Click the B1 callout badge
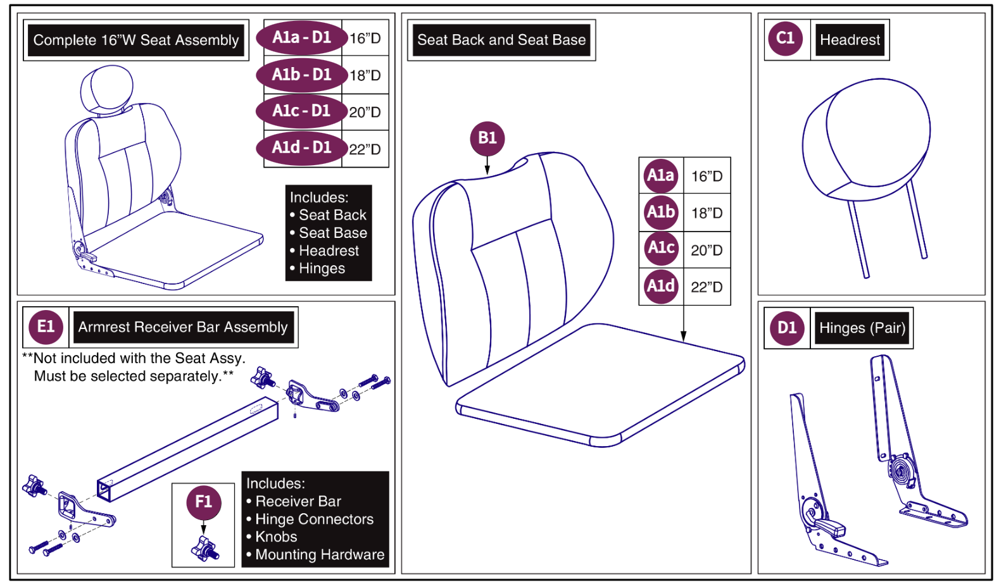click(x=487, y=139)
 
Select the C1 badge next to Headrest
click(x=785, y=39)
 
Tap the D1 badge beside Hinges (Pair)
click(x=786, y=328)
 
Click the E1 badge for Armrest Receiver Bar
click(x=46, y=327)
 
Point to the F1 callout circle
click(x=203, y=502)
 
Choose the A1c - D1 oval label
click(x=301, y=111)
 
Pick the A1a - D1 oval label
click(x=301, y=38)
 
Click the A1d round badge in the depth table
click(x=660, y=287)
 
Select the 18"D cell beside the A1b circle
click(x=707, y=213)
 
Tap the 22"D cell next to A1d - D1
click(x=365, y=149)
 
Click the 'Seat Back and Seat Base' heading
click(x=501, y=40)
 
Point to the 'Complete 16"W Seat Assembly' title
click(x=136, y=40)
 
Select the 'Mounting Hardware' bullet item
click(x=320, y=555)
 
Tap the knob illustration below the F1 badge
click(x=205, y=549)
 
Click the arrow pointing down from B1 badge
click(x=487, y=166)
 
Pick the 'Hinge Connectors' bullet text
click(x=314, y=519)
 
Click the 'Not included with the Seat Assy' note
click(x=134, y=359)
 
